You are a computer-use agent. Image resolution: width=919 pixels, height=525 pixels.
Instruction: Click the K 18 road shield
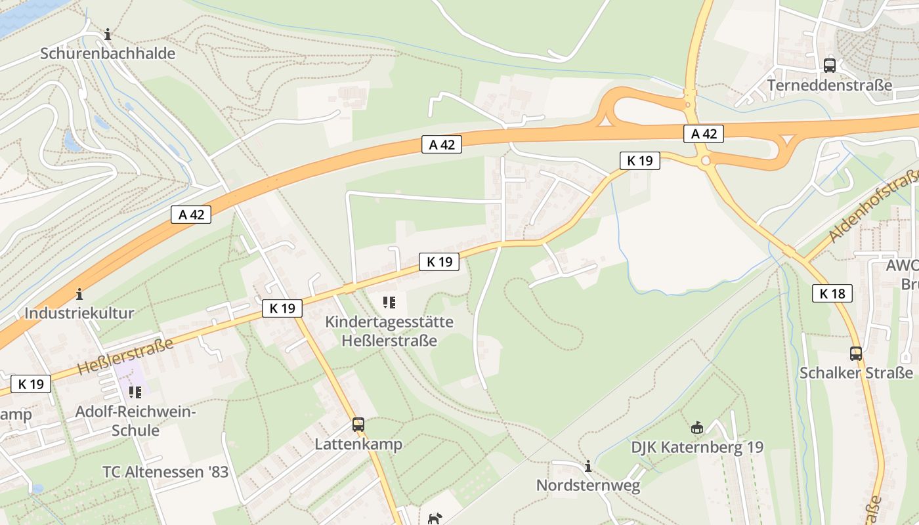[832, 293]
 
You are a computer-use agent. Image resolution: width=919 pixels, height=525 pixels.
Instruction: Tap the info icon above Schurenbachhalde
[108, 34]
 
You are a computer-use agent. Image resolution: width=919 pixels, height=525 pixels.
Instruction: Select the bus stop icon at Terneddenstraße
[830, 66]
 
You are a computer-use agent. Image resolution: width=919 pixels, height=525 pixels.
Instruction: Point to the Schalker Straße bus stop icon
[856, 353]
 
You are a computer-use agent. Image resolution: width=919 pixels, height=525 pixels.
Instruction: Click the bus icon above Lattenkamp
[358, 425]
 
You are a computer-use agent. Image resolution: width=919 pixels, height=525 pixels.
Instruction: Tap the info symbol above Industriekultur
[79, 293]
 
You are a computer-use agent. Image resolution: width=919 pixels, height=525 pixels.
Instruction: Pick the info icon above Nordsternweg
[588, 467]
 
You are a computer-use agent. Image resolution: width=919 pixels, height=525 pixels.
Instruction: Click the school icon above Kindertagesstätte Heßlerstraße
[389, 303]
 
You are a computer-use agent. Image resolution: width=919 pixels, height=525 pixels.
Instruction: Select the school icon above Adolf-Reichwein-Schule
[135, 392]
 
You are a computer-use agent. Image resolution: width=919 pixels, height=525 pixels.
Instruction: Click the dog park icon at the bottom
[435, 519]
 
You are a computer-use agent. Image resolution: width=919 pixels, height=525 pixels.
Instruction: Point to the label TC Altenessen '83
[165, 472]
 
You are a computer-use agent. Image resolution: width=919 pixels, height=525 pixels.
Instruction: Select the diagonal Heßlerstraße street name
[125, 356]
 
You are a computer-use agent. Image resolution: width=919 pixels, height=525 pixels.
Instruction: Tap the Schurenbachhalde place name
[108, 54]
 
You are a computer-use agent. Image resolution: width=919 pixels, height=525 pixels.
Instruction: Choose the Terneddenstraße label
[830, 85]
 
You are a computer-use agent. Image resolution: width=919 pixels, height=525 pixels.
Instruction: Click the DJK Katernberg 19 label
[697, 448]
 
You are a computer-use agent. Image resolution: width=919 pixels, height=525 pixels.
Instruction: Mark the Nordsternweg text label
[588, 486]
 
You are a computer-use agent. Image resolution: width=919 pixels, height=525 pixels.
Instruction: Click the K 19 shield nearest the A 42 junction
[639, 160]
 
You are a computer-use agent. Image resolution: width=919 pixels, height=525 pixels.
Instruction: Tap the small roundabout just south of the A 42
[706, 160]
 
